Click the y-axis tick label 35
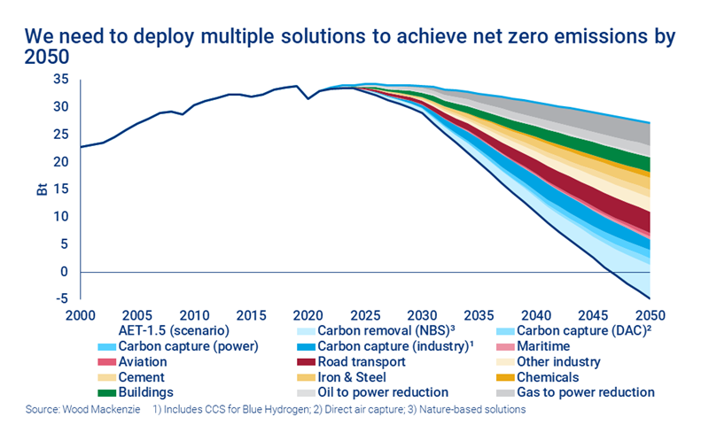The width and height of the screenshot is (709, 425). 61,79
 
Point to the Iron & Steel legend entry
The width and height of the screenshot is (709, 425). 359,376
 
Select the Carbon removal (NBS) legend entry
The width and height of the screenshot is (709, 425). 377,331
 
